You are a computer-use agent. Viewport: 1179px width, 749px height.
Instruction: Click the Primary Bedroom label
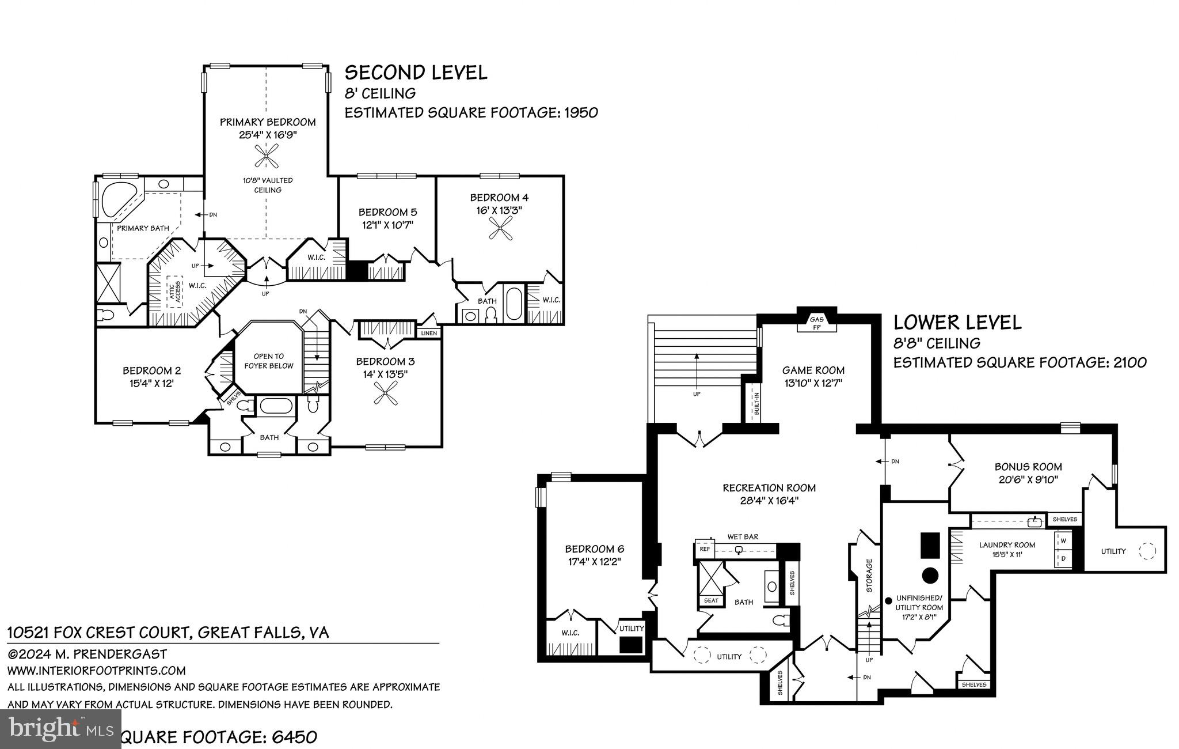coord(268,122)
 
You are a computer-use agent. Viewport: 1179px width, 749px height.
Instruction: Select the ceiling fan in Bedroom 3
coord(385,395)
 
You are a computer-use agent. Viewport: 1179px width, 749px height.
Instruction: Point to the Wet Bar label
coord(743,536)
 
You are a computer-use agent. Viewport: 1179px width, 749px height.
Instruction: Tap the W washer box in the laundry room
coord(1063,540)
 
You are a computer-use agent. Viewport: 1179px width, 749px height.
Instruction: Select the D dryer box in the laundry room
coord(1063,558)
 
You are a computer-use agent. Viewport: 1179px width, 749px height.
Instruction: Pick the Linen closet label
coord(429,333)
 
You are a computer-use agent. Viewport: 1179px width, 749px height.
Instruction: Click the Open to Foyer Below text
coord(269,361)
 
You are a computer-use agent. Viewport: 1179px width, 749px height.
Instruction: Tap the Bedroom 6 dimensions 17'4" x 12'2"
coord(594,561)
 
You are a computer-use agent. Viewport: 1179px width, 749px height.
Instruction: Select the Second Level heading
coord(416,73)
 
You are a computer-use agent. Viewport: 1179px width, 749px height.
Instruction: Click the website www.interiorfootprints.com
coord(96,670)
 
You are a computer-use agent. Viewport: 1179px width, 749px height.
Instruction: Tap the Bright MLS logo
coord(60,729)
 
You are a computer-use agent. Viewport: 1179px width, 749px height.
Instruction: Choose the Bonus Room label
coord(1028,467)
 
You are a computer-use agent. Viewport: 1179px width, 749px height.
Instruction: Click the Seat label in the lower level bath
coord(711,600)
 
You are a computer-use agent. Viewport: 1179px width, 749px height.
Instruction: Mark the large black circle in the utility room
coord(930,575)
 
